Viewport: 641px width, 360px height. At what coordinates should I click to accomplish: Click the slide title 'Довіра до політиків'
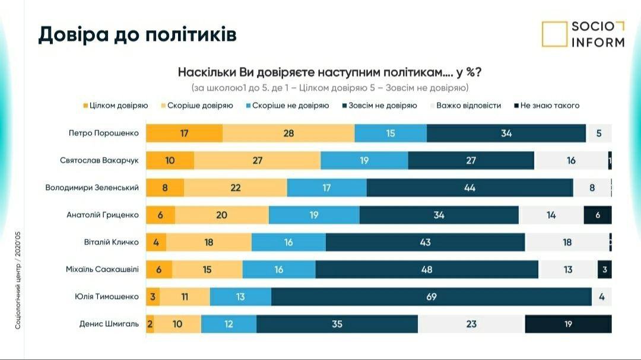pos(137,34)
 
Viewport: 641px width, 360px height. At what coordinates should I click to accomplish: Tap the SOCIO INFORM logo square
pos(554,34)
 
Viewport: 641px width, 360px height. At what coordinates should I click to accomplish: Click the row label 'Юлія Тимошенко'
pos(105,297)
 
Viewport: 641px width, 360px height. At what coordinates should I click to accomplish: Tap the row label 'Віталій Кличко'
pos(111,242)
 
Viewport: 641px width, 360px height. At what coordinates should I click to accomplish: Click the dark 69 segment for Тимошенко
pos(431,297)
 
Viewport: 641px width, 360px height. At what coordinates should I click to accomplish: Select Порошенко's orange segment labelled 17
pos(185,133)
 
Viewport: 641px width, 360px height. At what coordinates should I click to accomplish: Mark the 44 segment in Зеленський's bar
pos(470,187)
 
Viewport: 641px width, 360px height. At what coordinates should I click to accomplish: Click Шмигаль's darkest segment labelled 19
pos(568,324)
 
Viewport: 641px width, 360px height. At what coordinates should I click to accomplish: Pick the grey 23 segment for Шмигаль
pos(471,324)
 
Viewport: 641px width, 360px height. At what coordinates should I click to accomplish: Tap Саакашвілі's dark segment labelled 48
pos(427,269)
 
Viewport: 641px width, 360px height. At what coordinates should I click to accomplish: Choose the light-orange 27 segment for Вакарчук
pos(257,160)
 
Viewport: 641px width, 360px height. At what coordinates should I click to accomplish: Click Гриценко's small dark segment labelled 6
pos(598,215)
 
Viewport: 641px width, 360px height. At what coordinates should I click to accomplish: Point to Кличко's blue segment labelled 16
pos(288,242)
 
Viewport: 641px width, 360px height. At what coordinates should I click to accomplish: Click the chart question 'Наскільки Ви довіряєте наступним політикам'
pos(329,72)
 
